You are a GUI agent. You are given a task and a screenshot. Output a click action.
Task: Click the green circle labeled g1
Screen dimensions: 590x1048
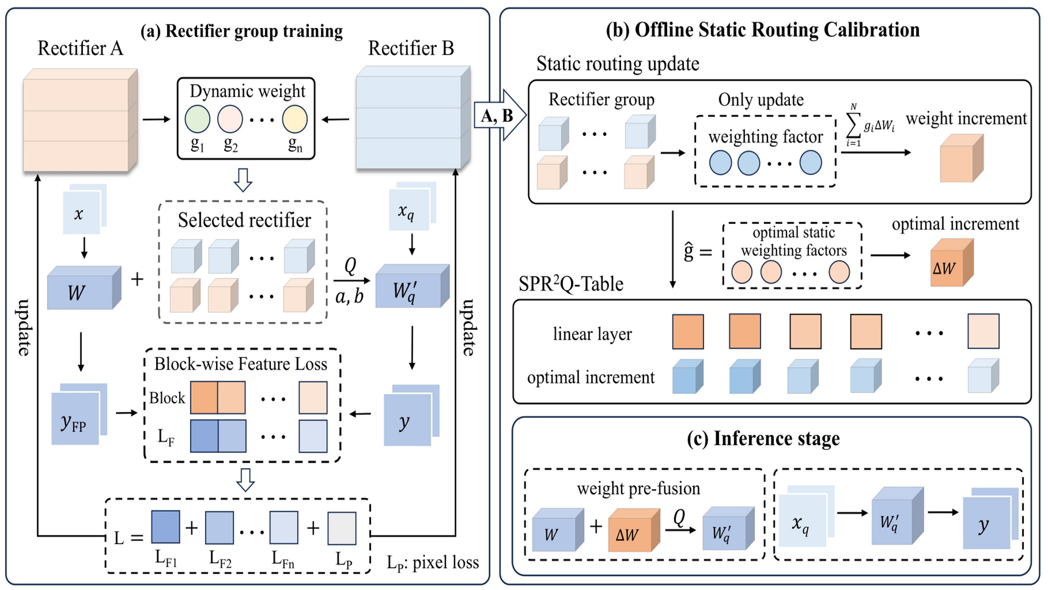point(197,119)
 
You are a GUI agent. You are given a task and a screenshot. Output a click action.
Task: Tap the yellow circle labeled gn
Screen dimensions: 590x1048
point(295,119)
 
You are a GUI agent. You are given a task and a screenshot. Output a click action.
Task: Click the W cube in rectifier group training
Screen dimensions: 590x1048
point(82,290)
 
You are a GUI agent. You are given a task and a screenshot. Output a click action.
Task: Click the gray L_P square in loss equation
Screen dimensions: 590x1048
point(342,528)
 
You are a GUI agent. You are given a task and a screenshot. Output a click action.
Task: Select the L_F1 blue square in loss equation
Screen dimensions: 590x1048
point(165,527)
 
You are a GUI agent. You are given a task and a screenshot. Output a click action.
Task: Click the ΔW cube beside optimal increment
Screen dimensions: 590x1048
point(950,264)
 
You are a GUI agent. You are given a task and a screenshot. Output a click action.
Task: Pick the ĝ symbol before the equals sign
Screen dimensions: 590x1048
point(689,252)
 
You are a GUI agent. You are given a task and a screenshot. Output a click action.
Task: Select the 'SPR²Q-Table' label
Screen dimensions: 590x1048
point(570,284)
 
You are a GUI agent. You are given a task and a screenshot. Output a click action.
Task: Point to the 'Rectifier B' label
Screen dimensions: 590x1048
point(410,48)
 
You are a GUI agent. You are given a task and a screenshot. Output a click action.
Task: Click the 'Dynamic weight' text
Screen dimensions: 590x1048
point(247,91)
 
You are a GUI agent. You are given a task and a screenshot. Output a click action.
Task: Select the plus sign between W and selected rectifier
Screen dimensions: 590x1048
point(137,279)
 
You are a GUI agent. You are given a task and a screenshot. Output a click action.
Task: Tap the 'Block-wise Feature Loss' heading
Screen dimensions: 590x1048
point(241,364)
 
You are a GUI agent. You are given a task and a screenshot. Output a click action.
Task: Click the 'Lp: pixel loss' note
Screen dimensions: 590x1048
point(432,563)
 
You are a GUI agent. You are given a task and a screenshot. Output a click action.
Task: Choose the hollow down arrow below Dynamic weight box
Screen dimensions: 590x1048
point(243,180)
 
